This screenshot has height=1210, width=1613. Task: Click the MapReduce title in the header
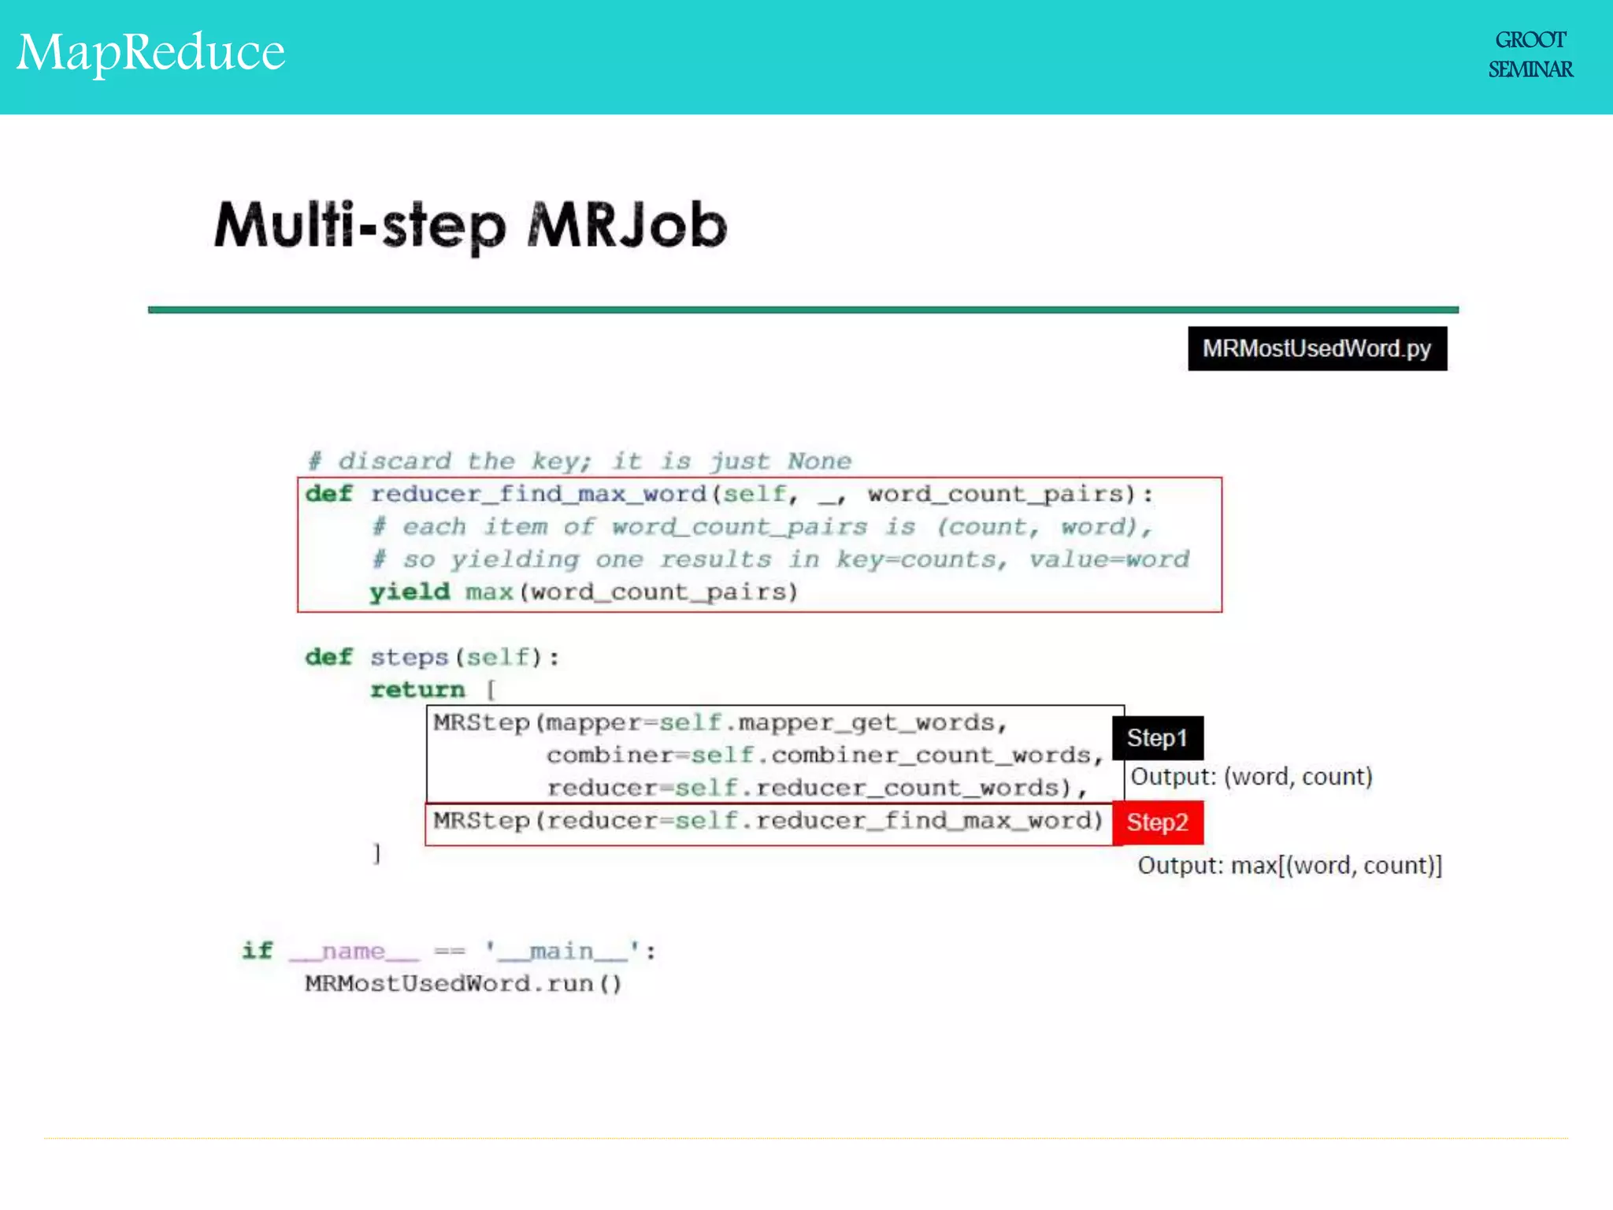coord(151,53)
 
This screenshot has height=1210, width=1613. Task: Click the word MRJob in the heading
coord(627,226)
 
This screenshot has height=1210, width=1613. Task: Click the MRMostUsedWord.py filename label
coord(1317,349)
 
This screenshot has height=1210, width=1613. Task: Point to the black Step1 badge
coord(1157,738)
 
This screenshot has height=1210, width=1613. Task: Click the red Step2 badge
coord(1157,822)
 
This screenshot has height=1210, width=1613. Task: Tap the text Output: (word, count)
coord(1251,777)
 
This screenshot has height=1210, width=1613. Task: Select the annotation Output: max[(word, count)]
coord(1289,866)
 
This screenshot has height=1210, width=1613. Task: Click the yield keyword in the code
coord(410,592)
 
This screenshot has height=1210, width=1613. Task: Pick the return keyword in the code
coord(417,690)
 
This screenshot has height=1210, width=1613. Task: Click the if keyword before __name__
coord(257,951)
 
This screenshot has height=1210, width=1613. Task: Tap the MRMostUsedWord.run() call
coord(463,984)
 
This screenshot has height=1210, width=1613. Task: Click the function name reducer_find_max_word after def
coord(538,494)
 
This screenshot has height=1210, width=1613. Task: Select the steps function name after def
coord(409,657)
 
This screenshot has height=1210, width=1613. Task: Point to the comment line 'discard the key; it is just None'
coord(580,461)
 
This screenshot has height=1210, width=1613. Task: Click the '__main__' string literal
coord(562,952)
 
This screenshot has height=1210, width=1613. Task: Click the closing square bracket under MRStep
coord(377,853)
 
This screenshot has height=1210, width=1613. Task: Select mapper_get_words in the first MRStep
coord(866,722)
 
